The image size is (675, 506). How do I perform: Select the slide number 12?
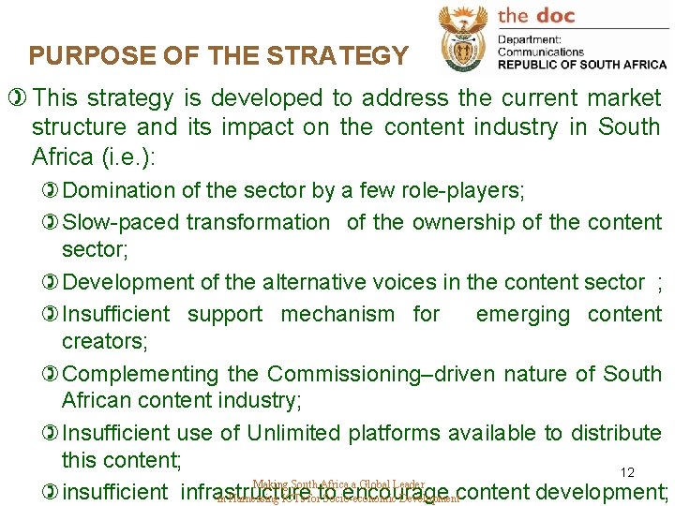point(627,474)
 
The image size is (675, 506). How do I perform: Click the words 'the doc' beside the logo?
point(535,16)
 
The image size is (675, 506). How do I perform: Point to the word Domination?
point(119,191)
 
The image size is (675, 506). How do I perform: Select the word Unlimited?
point(293,433)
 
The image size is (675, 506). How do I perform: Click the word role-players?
point(460,191)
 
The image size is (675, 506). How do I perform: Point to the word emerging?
point(522,314)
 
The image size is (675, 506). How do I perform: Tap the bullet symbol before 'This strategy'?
point(15,98)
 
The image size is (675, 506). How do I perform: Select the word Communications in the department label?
point(541,52)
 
